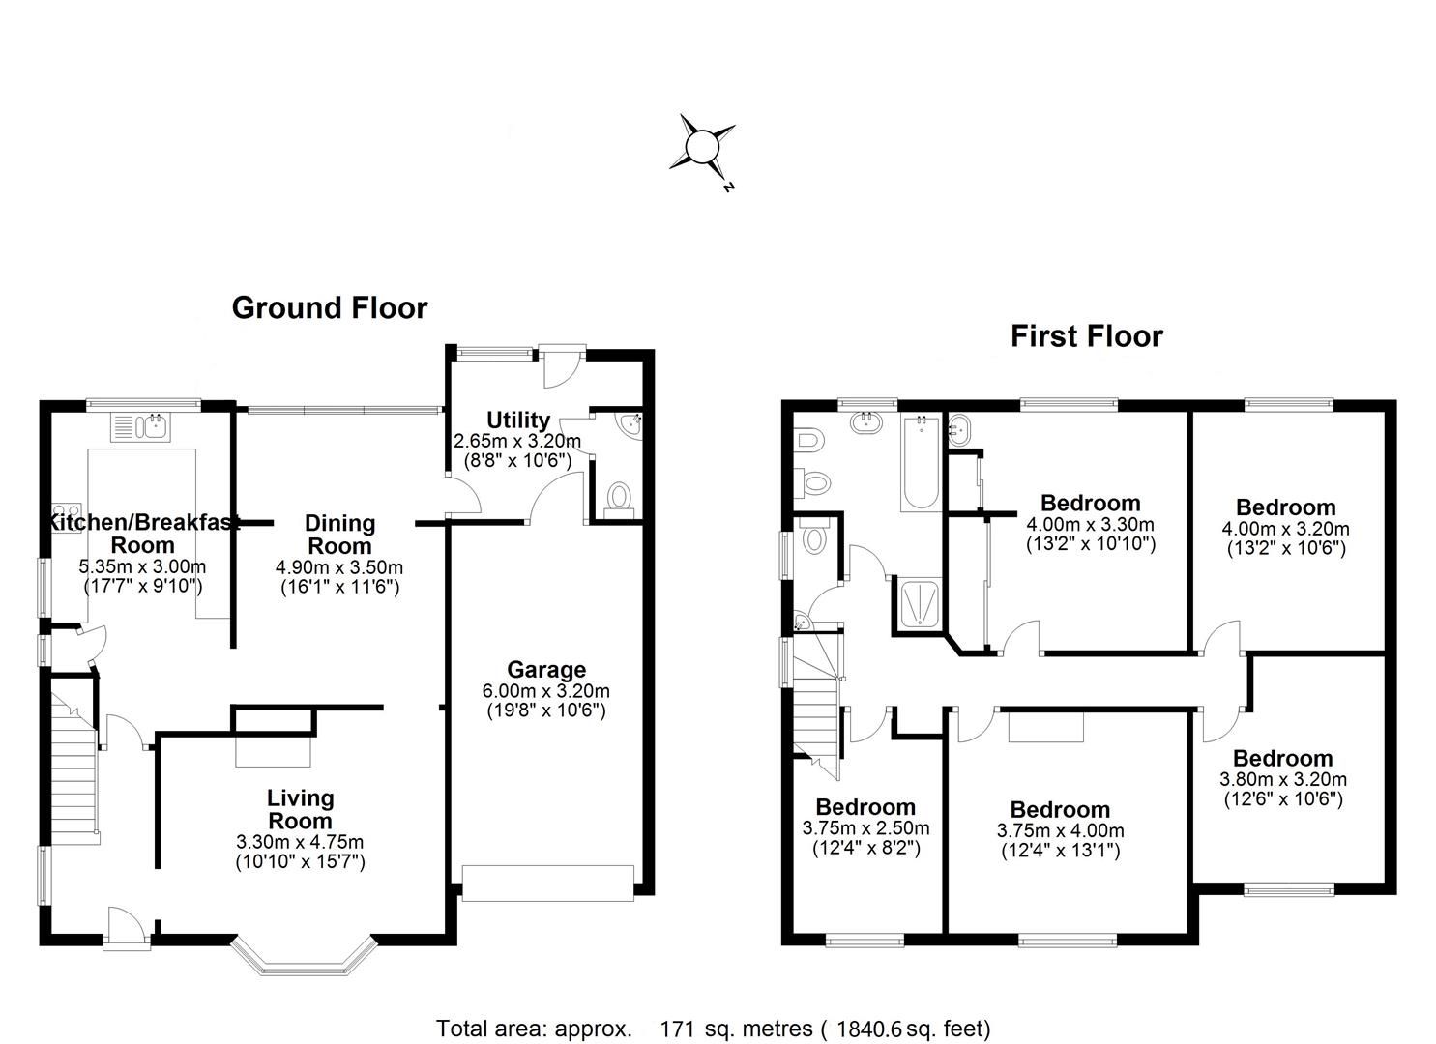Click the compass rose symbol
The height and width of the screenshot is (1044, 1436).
point(702,148)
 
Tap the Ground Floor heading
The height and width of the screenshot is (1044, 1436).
point(329,307)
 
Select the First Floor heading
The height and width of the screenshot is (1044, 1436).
point(1086,336)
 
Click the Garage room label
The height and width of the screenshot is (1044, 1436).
point(546,670)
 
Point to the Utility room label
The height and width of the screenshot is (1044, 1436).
point(518,420)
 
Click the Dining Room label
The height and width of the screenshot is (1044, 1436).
point(339,534)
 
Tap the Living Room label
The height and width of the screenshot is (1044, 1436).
point(300,809)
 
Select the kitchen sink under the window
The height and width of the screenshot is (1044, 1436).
point(141,426)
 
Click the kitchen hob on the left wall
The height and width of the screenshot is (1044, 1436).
point(67,514)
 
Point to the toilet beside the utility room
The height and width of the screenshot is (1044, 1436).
point(617,498)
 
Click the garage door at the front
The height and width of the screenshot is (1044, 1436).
point(547,884)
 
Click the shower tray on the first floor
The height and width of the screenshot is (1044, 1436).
point(918,603)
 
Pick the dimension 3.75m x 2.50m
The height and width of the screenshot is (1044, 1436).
point(865,828)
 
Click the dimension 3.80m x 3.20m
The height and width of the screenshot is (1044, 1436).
point(1282,779)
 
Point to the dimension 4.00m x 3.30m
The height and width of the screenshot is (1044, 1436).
point(1090,525)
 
